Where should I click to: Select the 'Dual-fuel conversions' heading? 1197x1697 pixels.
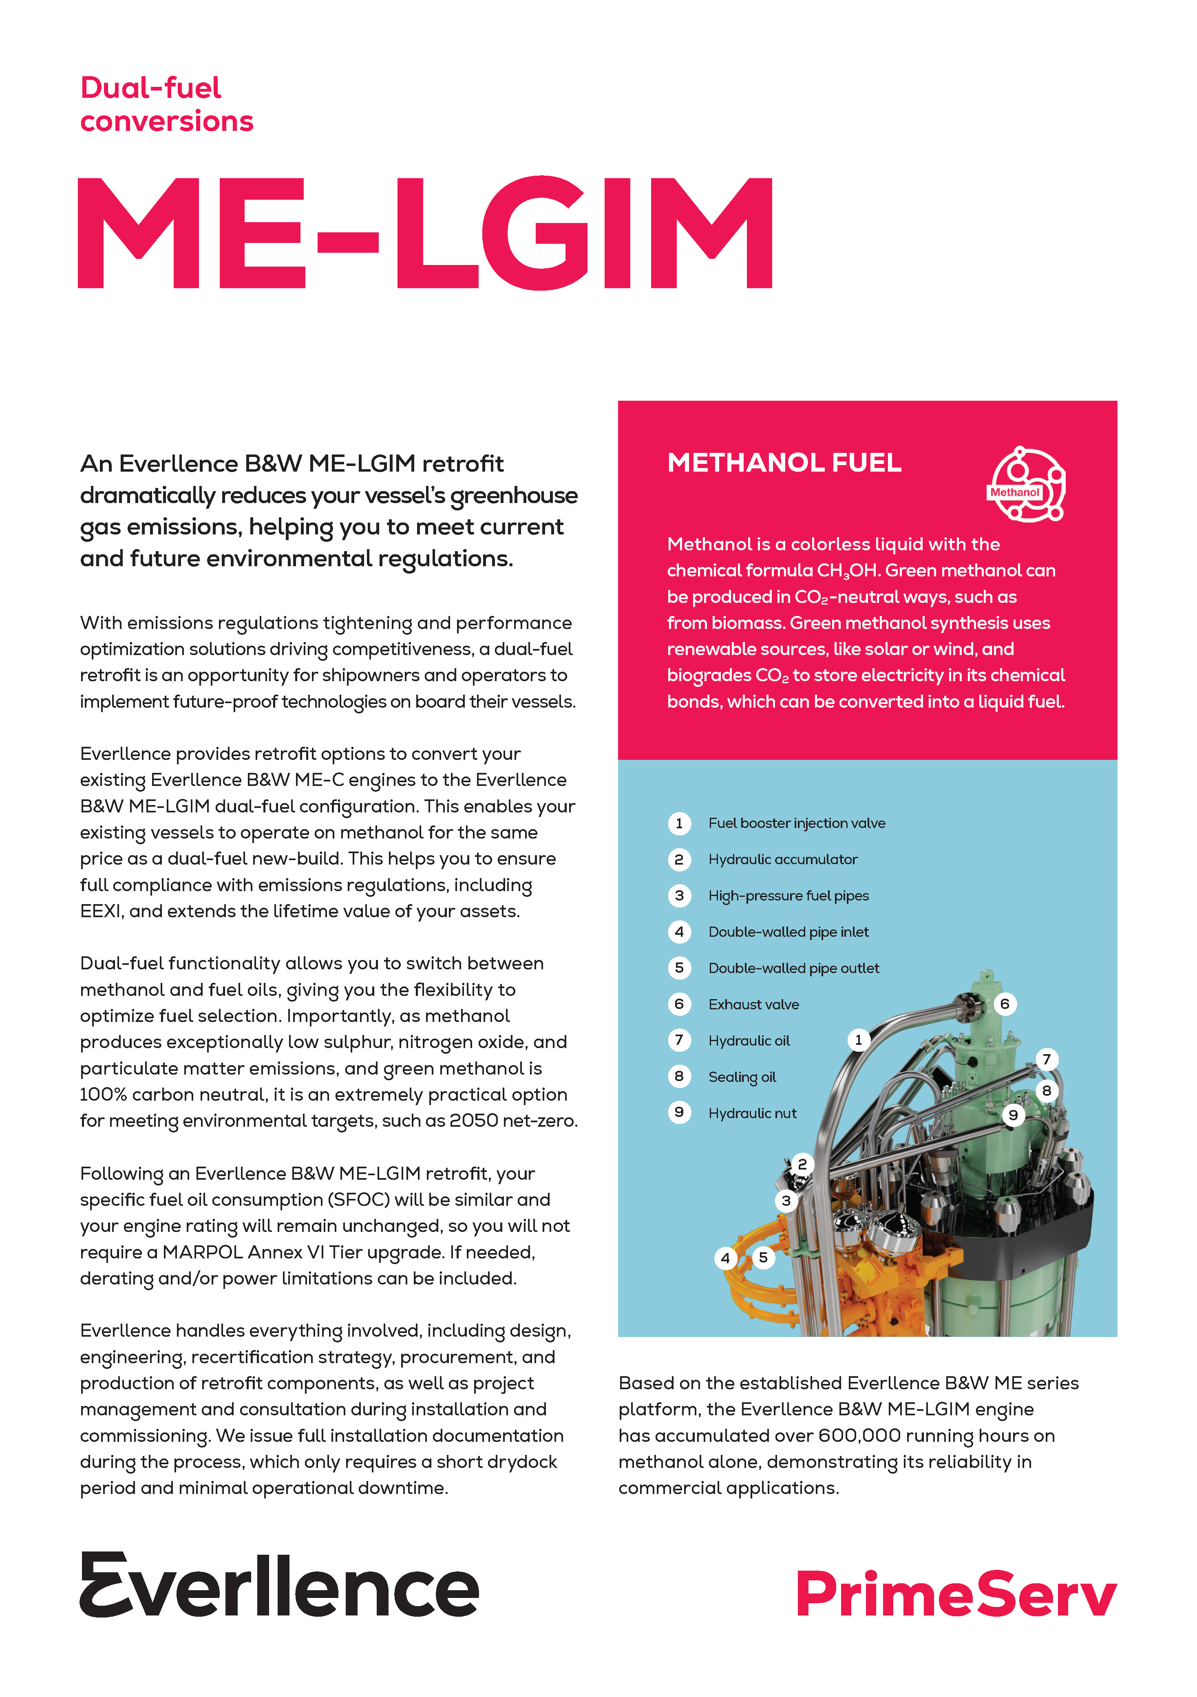[166, 104]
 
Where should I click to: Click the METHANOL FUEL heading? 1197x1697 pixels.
[784, 463]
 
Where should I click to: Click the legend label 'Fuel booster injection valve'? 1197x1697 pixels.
[796, 823]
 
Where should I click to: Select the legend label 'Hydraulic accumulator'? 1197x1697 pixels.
[782, 860]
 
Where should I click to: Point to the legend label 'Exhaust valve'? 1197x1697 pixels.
[753, 1004]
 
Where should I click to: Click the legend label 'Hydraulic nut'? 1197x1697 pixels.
[752, 1113]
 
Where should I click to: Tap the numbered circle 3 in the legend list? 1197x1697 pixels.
[679, 896]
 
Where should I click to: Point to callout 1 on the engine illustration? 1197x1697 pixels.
[858, 1040]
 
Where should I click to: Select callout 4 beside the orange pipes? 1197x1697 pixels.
[725, 1258]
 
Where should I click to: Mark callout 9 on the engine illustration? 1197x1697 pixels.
[1013, 1115]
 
